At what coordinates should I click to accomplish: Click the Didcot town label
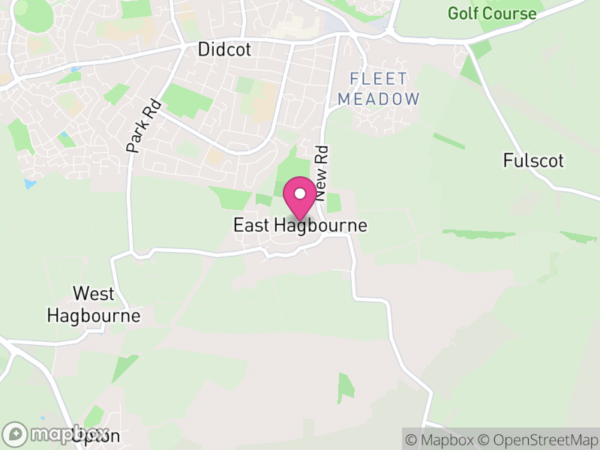click(223, 49)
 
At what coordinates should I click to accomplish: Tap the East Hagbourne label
click(300, 225)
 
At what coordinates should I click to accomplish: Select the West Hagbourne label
click(94, 304)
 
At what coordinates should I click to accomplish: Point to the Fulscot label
click(533, 160)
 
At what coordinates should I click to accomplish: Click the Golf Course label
click(492, 13)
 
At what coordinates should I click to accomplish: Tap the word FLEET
click(378, 79)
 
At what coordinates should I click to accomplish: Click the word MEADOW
click(378, 98)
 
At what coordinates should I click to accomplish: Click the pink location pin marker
click(300, 199)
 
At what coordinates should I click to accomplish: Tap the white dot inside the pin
click(300, 193)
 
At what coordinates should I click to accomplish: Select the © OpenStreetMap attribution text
click(538, 439)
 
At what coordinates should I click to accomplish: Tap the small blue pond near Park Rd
click(29, 183)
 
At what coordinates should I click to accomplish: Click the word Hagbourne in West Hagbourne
click(94, 315)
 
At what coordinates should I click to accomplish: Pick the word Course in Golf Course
click(510, 13)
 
